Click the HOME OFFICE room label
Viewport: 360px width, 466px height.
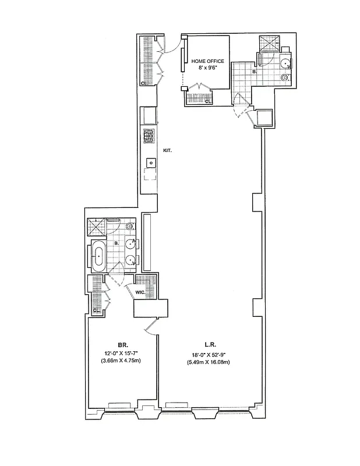[x=207, y=61]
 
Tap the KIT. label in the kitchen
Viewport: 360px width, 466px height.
[x=167, y=150]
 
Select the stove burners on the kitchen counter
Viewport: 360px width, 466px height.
[x=149, y=136]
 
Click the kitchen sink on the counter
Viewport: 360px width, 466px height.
[x=149, y=163]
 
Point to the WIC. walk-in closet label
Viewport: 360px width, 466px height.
[x=140, y=292]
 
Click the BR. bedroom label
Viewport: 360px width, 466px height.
[x=122, y=345]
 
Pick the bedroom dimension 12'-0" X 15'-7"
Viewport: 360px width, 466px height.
[x=122, y=354]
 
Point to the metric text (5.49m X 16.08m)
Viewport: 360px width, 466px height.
[x=208, y=362]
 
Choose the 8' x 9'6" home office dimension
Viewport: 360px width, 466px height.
[x=207, y=68]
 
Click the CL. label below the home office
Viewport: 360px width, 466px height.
[x=207, y=101]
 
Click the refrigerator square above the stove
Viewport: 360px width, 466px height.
[x=149, y=114]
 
